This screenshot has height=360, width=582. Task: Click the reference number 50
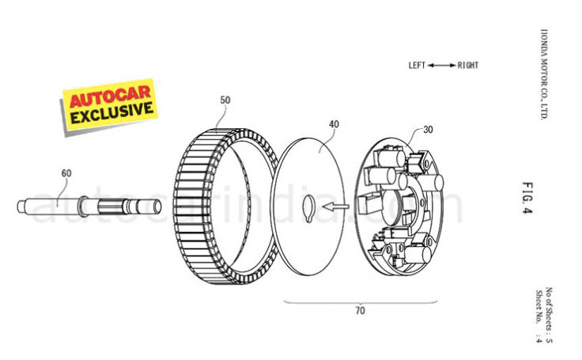coord(225,101)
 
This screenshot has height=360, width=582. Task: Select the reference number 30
coord(428,128)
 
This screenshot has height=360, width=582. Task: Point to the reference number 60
coord(66,172)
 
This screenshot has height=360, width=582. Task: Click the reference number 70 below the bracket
coord(360,311)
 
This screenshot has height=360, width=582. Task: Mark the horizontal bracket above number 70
coord(360,300)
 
